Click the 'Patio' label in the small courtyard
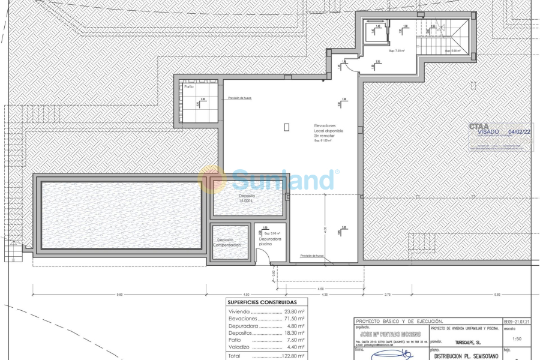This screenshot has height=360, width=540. tap(189, 86)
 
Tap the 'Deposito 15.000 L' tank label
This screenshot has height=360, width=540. tap(247, 199)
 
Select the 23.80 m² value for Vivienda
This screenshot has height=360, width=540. tap(293, 312)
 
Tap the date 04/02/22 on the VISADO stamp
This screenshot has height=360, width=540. tap(519, 131)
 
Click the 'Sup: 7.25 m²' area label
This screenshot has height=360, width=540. tap(397, 50)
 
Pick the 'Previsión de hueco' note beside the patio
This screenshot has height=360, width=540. tap(239, 98)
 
